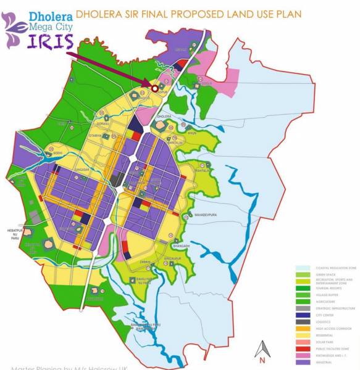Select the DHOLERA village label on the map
pos(163,115)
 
